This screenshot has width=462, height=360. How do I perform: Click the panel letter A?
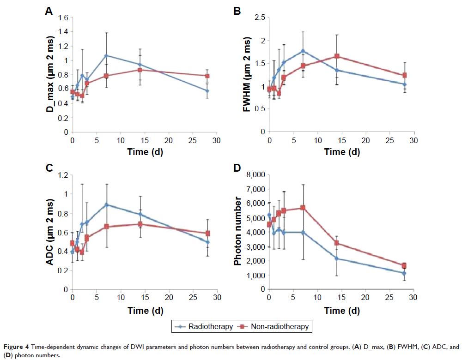point(49,12)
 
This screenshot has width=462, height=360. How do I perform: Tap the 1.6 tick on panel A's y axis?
point(63,18)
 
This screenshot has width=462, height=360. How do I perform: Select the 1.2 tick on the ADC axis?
point(63,175)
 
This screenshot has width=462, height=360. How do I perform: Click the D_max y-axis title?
point(50,75)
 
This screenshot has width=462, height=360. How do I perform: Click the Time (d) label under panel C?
point(145,311)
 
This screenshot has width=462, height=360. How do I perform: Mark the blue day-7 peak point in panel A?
point(106,55)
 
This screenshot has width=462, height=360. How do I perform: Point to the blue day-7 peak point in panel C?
point(106,204)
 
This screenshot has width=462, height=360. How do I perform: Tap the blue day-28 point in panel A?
point(207,91)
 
